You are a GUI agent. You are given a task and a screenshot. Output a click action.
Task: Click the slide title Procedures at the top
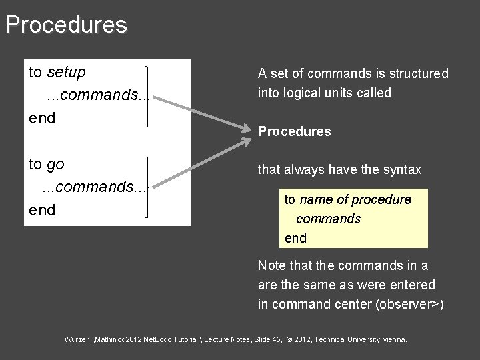(x=65, y=25)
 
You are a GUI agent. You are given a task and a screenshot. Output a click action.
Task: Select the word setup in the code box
(x=67, y=72)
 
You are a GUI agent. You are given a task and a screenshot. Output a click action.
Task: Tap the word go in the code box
(x=57, y=164)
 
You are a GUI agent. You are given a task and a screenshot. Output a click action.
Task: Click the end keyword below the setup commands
(x=42, y=118)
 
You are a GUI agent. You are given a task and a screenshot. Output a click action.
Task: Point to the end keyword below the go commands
(x=42, y=210)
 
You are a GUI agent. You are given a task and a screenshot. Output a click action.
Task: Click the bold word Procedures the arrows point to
(x=294, y=132)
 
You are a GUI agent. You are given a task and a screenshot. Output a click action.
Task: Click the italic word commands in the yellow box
(x=328, y=219)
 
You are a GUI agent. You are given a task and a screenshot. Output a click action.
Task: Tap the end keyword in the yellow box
(x=295, y=238)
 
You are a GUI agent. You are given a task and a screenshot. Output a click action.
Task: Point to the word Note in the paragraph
(x=271, y=265)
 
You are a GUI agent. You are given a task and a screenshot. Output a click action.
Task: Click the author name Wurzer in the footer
(x=77, y=340)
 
